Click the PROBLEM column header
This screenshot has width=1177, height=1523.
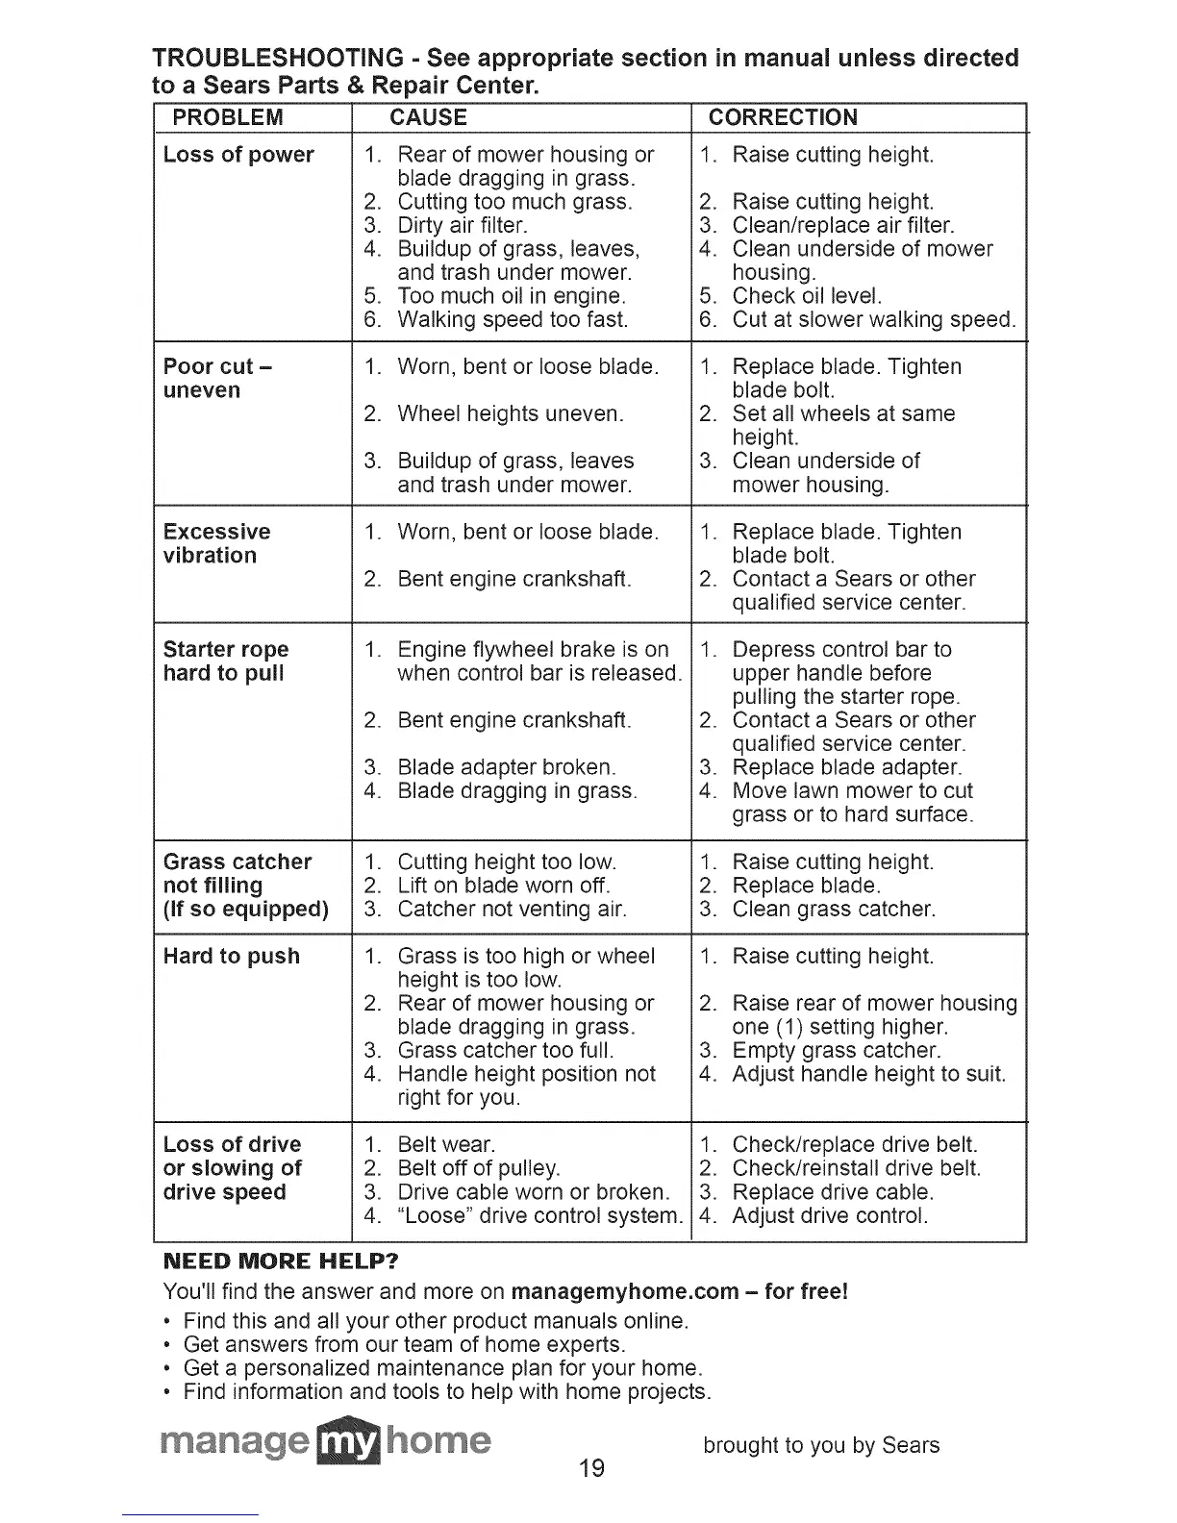click(227, 117)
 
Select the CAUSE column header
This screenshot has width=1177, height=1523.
click(428, 117)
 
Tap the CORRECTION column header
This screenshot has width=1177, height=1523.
click(783, 117)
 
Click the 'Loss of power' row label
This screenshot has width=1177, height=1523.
click(238, 155)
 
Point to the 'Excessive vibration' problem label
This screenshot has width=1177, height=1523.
click(216, 543)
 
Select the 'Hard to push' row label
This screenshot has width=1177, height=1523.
click(231, 956)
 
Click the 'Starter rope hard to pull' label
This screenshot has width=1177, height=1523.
click(225, 662)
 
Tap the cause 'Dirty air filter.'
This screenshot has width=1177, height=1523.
click(462, 225)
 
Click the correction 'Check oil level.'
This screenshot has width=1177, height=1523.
click(806, 296)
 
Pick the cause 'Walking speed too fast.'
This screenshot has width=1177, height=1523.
click(512, 319)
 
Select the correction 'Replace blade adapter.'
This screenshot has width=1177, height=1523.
click(846, 767)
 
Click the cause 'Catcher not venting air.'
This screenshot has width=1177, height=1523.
click(512, 909)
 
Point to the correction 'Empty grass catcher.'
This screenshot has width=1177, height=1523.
click(836, 1050)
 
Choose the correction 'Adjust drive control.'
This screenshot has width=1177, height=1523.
click(830, 1215)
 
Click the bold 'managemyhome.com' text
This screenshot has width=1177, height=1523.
click(625, 1290)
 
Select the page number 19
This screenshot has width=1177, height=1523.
click(591, 1468)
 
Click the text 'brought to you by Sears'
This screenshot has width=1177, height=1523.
click(821, 1445)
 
